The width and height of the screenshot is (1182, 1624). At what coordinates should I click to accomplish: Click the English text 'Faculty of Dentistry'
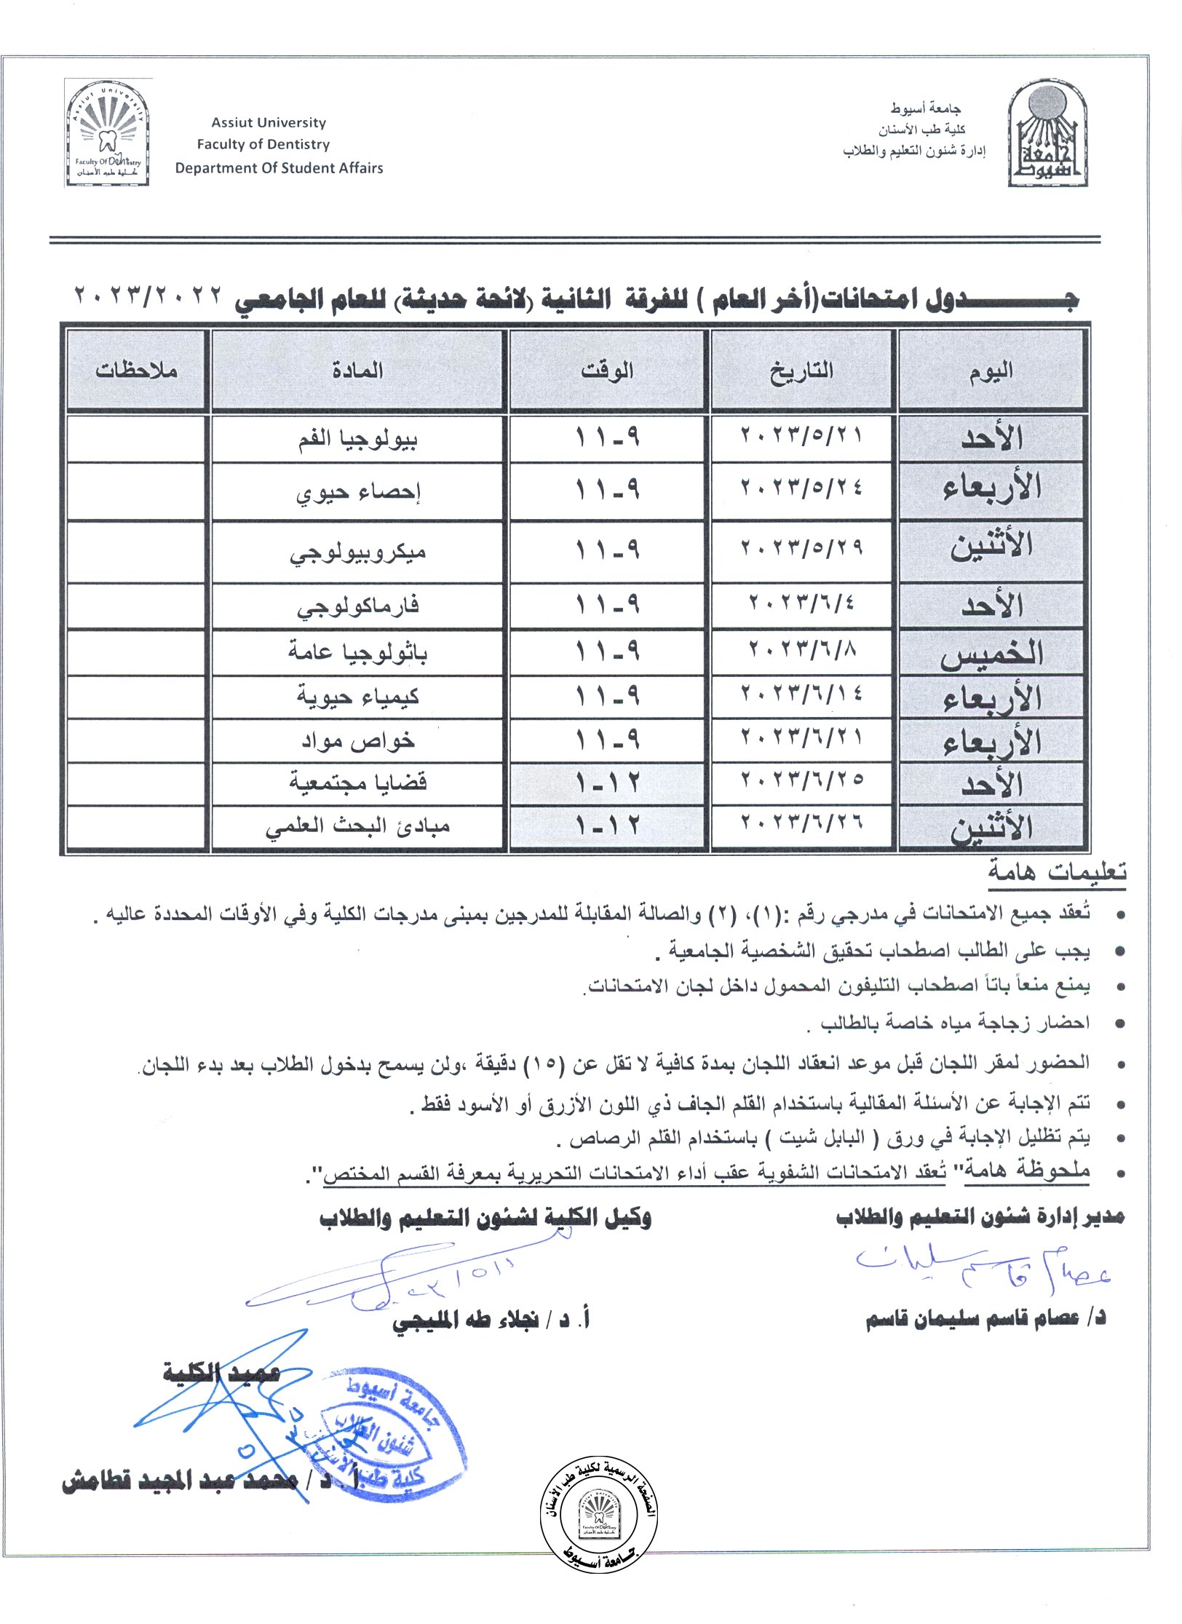click(x=263, y=144)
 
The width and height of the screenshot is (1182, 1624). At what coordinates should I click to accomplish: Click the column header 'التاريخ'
click(x=801, y=371)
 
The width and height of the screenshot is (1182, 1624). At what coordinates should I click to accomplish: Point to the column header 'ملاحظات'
click(x=136, y=371)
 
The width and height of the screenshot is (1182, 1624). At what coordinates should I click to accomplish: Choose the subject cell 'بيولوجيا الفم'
click(x=357, y=439)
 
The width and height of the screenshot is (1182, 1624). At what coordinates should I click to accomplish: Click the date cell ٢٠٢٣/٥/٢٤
click(x=801, y=486)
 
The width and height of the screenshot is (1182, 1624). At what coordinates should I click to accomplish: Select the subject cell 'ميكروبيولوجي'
click(x=357, y=552)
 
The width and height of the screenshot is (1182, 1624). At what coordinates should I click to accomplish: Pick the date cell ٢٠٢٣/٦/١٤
click(x=801, y=694)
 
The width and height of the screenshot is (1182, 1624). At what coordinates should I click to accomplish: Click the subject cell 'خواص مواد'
click(x=357, y=741)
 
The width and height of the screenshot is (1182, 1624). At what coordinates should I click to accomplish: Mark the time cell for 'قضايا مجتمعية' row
click(x=608, y=783)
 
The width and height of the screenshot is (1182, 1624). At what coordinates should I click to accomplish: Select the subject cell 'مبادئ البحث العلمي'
click(x=357, y=827)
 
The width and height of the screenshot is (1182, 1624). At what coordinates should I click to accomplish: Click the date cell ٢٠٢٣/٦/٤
click(x=801, y=603)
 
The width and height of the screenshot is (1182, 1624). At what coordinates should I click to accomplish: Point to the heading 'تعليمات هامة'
click(x=1057, y=871)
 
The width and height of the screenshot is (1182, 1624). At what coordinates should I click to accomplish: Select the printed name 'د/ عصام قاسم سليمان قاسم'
click(x=985, y=1318)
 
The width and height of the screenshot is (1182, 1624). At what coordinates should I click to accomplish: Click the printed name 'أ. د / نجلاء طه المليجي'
click(x=491, y=1318)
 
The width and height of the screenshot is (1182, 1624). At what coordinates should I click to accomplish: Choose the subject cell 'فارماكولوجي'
click(x=357, y=606)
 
